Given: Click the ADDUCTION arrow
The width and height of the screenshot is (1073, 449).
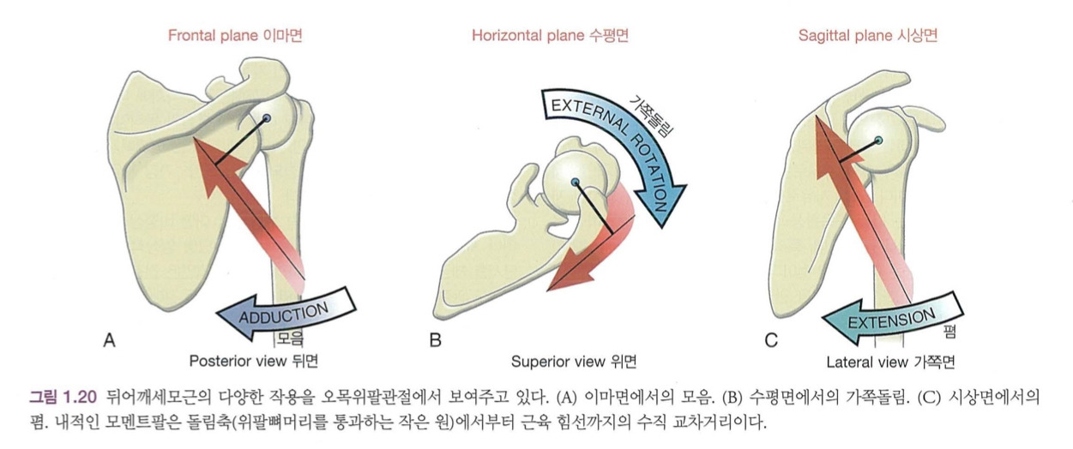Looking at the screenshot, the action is coord(283,311).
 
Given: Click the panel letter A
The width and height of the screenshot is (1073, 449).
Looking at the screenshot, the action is coord(109,341).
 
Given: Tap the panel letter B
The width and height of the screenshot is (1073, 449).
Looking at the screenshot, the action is coord(435,341).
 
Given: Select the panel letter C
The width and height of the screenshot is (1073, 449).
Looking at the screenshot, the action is coord(771,341).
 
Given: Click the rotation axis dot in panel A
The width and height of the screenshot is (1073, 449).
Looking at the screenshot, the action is coord(267,117).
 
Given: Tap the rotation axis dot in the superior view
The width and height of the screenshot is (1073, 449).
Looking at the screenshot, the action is coord(575,181).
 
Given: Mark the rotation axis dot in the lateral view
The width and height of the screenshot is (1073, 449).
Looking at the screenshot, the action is coord(877,140).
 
